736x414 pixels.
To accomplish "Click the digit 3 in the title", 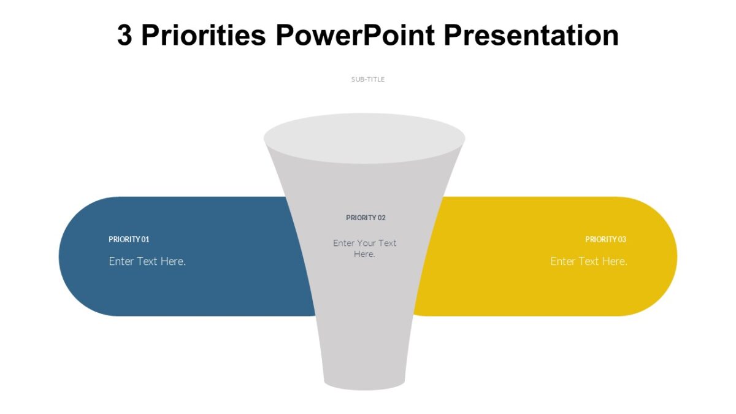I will [125, 36].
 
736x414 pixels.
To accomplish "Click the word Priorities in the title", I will [203, 36].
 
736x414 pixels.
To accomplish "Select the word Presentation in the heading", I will [531, 36].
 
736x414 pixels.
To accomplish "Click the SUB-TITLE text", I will [367, 79].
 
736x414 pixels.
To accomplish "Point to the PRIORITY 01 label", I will [129, 239].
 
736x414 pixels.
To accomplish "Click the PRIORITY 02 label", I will [366, 218].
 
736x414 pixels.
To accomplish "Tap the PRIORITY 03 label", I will [605, 239].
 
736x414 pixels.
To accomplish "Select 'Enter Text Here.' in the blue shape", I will [147, 261].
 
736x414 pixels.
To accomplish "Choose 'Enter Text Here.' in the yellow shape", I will [588, 261].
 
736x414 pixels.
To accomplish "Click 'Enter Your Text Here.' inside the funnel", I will [364, 248].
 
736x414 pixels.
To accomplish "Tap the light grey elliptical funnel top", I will [364, 138].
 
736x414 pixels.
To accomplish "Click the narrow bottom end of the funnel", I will [364, 381].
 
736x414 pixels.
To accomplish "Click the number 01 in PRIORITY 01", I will [145, 239].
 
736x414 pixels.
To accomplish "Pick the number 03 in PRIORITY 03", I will [622, 239].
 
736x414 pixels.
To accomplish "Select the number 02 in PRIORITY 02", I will [381, 218].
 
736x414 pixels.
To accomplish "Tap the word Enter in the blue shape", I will [121, 261].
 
